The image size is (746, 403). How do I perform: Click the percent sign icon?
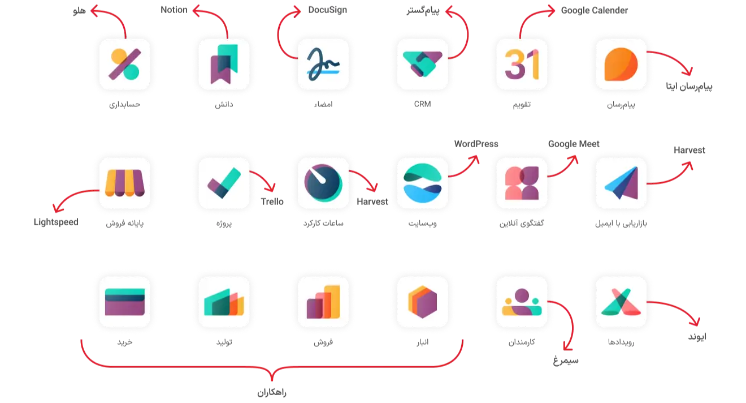point(125,64)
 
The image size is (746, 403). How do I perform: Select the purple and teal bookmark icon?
point(224,64)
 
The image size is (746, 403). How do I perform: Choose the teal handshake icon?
point(422,64)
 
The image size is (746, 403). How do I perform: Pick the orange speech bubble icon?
point(621,64)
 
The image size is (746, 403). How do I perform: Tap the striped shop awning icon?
point(125,183)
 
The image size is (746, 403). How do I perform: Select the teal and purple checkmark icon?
point(224,183)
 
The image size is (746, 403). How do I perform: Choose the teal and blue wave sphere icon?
point(422,183)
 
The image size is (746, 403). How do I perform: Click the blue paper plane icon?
point(621,183)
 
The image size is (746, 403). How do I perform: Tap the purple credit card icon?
point(125,302)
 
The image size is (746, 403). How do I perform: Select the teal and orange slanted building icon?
point(224,302)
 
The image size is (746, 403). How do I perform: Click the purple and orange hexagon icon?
point(422,302)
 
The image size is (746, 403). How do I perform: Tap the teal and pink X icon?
point(621,302)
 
